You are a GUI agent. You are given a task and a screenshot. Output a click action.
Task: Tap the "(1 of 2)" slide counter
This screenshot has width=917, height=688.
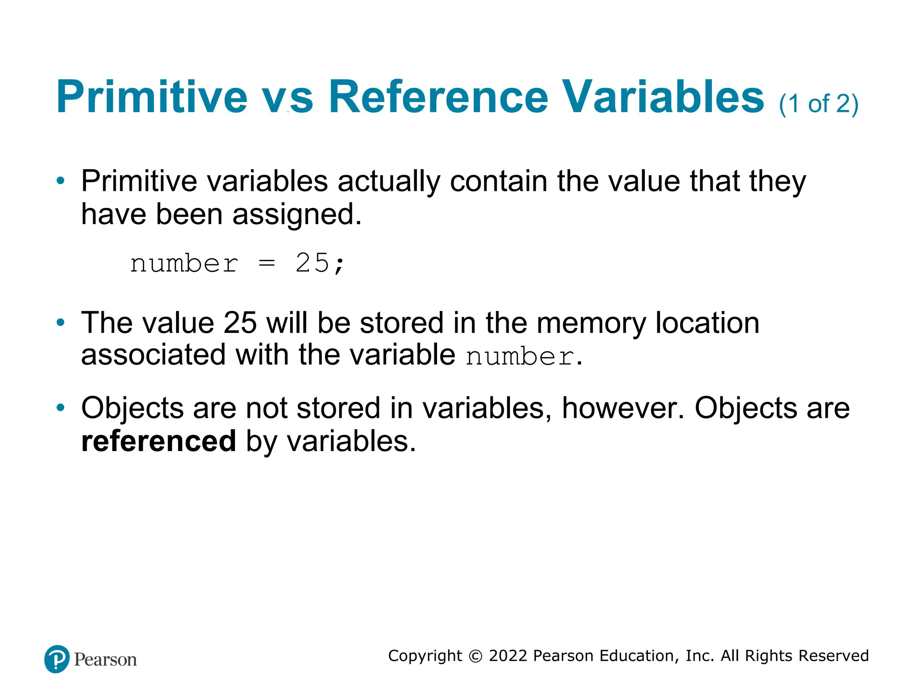(818, 104)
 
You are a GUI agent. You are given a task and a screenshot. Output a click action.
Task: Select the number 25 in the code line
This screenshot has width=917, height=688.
(312, 263)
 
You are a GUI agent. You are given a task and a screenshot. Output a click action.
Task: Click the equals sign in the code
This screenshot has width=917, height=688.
(266, 263)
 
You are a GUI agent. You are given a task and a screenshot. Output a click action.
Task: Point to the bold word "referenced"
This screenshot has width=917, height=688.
(159, 441)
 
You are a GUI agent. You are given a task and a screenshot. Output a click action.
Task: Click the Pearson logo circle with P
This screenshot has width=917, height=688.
(57, 659)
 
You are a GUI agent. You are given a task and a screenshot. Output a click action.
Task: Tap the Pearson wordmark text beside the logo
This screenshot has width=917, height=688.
(105, 660)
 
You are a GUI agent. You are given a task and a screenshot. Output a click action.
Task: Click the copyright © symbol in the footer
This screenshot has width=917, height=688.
(475, 656)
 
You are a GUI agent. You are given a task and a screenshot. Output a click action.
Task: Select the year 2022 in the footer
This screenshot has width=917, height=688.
(508, 656)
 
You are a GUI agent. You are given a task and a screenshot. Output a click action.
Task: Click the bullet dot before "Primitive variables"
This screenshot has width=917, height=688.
(60, 181)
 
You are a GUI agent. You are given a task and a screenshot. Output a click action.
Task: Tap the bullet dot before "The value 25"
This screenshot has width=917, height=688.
(60, 322)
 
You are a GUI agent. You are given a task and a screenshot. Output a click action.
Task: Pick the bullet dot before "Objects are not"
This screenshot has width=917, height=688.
(60, 408)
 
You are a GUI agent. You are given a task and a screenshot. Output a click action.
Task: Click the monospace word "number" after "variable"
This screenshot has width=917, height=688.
(519, 357)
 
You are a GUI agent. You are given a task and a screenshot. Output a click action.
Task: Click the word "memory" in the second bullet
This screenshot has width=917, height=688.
(591, 323)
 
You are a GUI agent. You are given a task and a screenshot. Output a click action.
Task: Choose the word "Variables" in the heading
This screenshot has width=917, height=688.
(663, 97)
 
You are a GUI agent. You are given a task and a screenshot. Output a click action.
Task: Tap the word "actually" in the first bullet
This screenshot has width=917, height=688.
(389, 182)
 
